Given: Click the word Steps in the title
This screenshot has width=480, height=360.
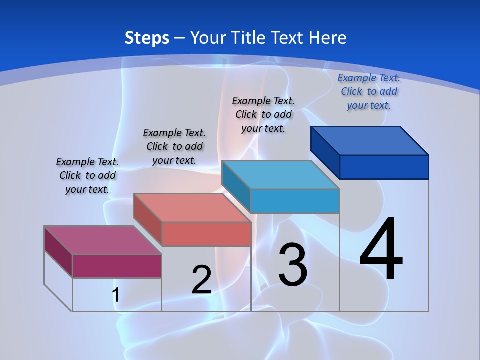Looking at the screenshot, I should [147, 38].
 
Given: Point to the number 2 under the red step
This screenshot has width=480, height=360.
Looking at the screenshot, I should [201, 280].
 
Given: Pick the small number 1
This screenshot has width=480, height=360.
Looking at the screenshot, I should [115, 295].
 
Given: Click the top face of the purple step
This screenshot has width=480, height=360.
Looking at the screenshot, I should [102, 240].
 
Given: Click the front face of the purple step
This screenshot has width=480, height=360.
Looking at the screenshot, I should [117, 266].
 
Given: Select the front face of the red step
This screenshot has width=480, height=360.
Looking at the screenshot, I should [206, 234].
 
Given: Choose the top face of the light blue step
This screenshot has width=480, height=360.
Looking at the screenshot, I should [280, 175].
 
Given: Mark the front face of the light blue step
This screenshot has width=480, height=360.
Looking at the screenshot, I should [295, 201].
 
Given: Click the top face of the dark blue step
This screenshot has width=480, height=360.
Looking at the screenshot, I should [369, 141].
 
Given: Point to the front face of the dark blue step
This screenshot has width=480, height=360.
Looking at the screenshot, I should [384, 167].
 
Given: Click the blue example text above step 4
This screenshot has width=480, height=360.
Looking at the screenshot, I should [369, 91].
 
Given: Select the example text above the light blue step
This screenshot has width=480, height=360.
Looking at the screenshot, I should [263, 114].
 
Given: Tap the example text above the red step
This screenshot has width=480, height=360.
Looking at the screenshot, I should [174, 146].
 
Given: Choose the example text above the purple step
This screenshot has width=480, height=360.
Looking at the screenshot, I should [87, 175].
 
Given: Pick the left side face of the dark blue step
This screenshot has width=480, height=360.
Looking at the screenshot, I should [325, 152].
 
